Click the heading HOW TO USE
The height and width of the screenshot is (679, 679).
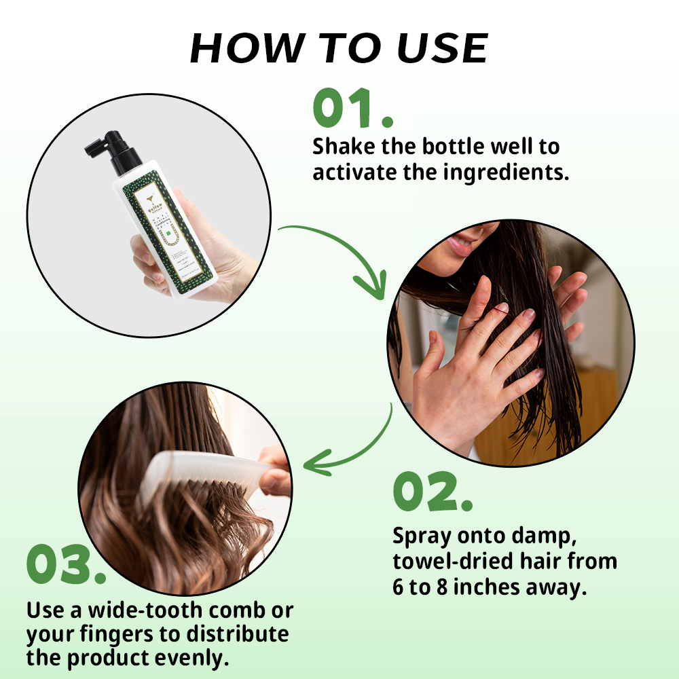coord(339,49)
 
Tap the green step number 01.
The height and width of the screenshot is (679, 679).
coord(352,109)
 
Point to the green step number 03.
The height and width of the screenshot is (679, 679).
coord(67,565)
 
